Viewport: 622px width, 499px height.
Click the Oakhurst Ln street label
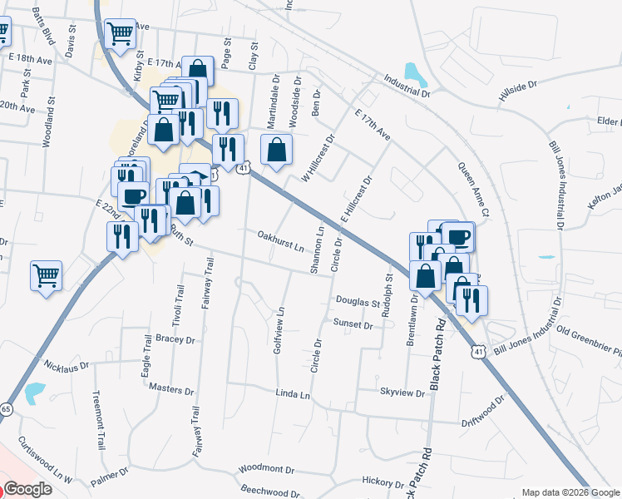coord(280,241)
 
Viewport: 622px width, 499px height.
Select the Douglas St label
coord(358,301)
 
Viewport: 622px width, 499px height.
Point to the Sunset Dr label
coord(353,323)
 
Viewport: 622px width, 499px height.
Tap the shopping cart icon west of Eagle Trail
coord(47,275)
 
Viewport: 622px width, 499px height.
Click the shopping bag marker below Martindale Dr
coord(277,150)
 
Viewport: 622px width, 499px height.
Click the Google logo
coord(28,489)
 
